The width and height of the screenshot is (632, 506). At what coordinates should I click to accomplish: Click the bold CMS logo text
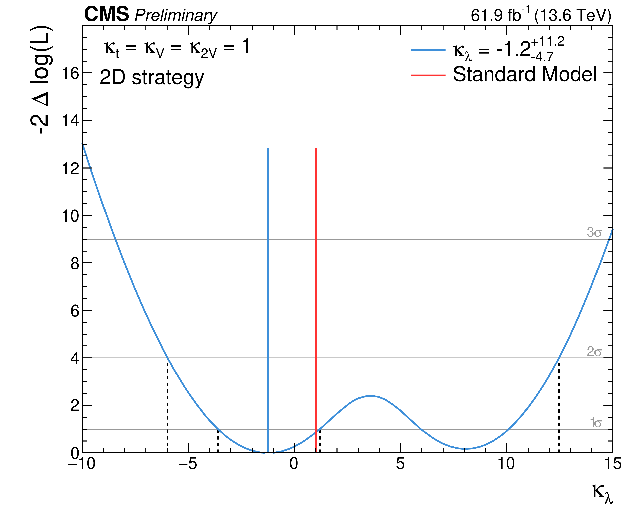click(107, 14)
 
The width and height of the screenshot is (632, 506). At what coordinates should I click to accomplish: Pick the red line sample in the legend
click(428, 75)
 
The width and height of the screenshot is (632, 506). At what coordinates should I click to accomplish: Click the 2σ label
click(594, 352)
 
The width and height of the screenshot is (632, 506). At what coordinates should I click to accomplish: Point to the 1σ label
click(596, 423)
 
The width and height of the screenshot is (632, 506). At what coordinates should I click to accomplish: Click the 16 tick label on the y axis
click(70, 73)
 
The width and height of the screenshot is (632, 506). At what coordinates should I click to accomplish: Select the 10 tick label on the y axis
click(70, 216)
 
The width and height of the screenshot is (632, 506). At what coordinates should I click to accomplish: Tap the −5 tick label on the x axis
click(188, 464)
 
